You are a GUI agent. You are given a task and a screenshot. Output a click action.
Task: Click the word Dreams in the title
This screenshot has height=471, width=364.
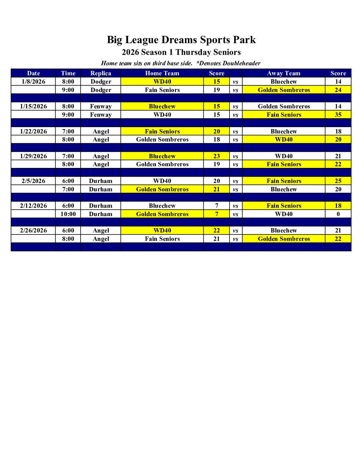179,40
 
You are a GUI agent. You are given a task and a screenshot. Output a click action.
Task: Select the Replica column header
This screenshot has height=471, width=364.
100,73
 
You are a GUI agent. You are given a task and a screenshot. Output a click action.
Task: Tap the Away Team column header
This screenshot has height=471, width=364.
284,73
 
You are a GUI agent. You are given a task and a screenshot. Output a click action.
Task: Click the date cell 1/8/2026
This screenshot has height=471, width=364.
33,82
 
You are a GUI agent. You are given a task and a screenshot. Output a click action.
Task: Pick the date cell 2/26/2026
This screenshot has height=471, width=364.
33,230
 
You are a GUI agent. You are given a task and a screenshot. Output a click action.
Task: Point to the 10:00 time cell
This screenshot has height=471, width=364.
68,214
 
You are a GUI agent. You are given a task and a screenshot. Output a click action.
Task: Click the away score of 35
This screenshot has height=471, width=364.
338,115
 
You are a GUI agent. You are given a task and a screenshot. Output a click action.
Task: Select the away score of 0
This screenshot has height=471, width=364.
338,214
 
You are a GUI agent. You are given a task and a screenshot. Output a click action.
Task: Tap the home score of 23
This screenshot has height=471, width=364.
217,156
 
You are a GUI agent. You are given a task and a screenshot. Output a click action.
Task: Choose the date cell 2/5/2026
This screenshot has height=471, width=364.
33,181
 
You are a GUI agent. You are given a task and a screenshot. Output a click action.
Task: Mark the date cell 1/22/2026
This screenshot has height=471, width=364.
33,131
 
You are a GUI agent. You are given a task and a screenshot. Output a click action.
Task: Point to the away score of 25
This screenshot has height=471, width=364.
338,181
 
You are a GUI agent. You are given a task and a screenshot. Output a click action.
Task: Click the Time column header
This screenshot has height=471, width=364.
68,73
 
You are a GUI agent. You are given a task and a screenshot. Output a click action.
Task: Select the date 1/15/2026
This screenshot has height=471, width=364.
33,106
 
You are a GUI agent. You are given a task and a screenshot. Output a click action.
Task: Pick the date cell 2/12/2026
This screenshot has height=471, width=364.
33,206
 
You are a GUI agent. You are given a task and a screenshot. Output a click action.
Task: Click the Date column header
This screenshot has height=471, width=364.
33,73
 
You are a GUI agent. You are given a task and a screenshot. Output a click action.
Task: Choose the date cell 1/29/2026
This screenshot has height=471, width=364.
33,156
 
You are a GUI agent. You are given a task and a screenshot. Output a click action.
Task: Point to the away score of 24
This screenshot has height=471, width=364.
338,90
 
